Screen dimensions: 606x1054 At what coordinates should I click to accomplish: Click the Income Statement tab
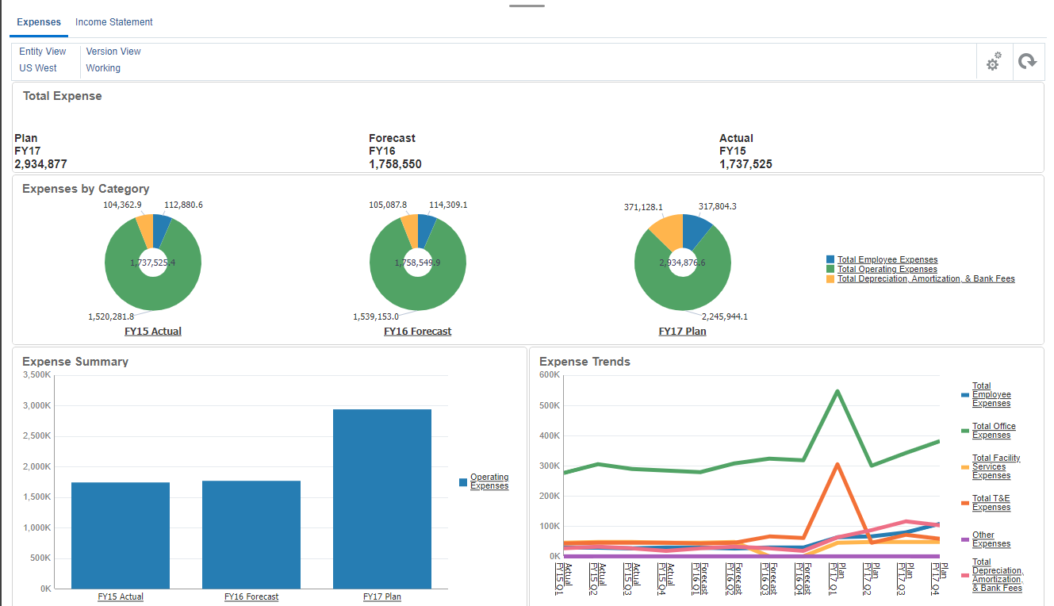pyautogui.click(x=113, y=22)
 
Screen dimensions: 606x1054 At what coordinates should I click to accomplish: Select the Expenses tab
pyautogui.click(x=39, y=22)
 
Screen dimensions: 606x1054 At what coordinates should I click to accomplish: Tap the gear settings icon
pyautogui.click(x=993, y=62)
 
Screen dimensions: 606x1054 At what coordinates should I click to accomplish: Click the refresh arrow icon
pyautogui.click(x=1027, y=62)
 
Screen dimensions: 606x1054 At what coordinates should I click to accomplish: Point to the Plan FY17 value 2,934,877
pyautogui.click(x=40, y=164)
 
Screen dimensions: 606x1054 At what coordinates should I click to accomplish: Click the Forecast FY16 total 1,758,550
pyautogui.click(x=395, y=164)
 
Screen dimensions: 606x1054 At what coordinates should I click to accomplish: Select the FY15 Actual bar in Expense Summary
pyautogui.click(x=121, y=535)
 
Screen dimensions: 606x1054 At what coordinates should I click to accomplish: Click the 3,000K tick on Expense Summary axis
pyautogui.click(x=36, y=405)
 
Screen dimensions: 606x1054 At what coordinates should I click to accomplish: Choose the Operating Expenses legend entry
pyautogui.click(x=489, y=481)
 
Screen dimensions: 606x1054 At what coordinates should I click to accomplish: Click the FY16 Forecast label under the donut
pyautogui.click(x=417, y=332)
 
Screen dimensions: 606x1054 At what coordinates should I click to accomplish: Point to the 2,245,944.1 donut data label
pyautogui.click(x=724, y=316)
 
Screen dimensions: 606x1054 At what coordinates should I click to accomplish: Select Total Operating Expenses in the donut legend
pyautogui.click(x=887, y=270)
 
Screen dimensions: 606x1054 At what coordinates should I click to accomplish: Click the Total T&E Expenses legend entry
pyautogui.click(x=991, y=503)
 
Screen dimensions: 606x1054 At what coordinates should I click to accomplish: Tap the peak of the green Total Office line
pyautogui.click(x=837, y=391)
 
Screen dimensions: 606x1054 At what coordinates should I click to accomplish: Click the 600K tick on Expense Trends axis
pyautogui.click(x=550, y=374)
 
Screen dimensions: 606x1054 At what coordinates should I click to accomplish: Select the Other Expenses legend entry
pyautogui.click(x=991, y=539)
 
